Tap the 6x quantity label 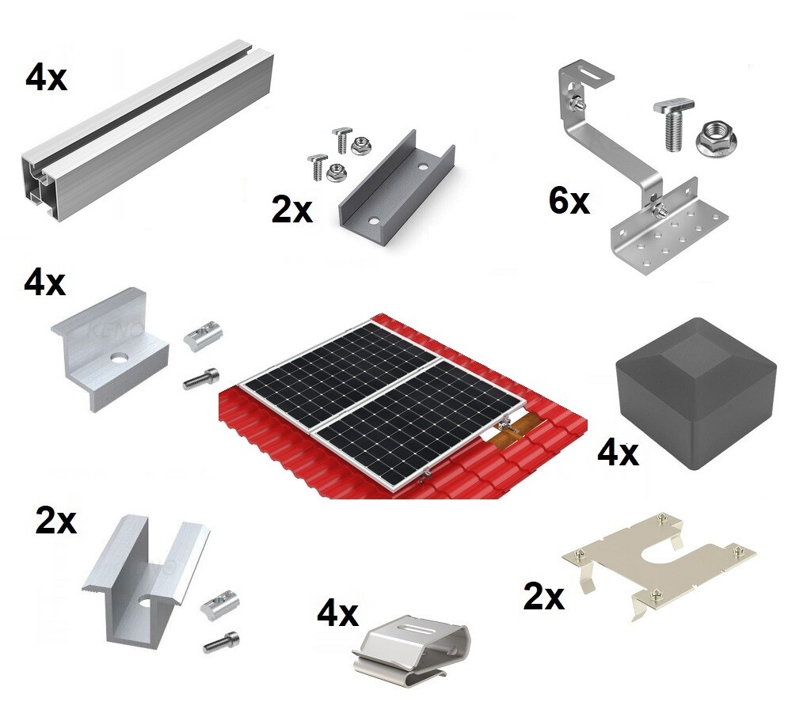click(x=569, y=202)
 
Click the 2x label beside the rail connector click(x=292, y=211)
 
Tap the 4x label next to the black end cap click(x=618, y=453)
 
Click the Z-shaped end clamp click(x=111, y=348)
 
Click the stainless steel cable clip click(x=416, y=645)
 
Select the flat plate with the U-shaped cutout click(x=657, y=562)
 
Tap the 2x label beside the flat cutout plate click(x=543, y=597)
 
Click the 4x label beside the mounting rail click(x=46, y=79)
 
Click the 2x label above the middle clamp click(x=55, y=521)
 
